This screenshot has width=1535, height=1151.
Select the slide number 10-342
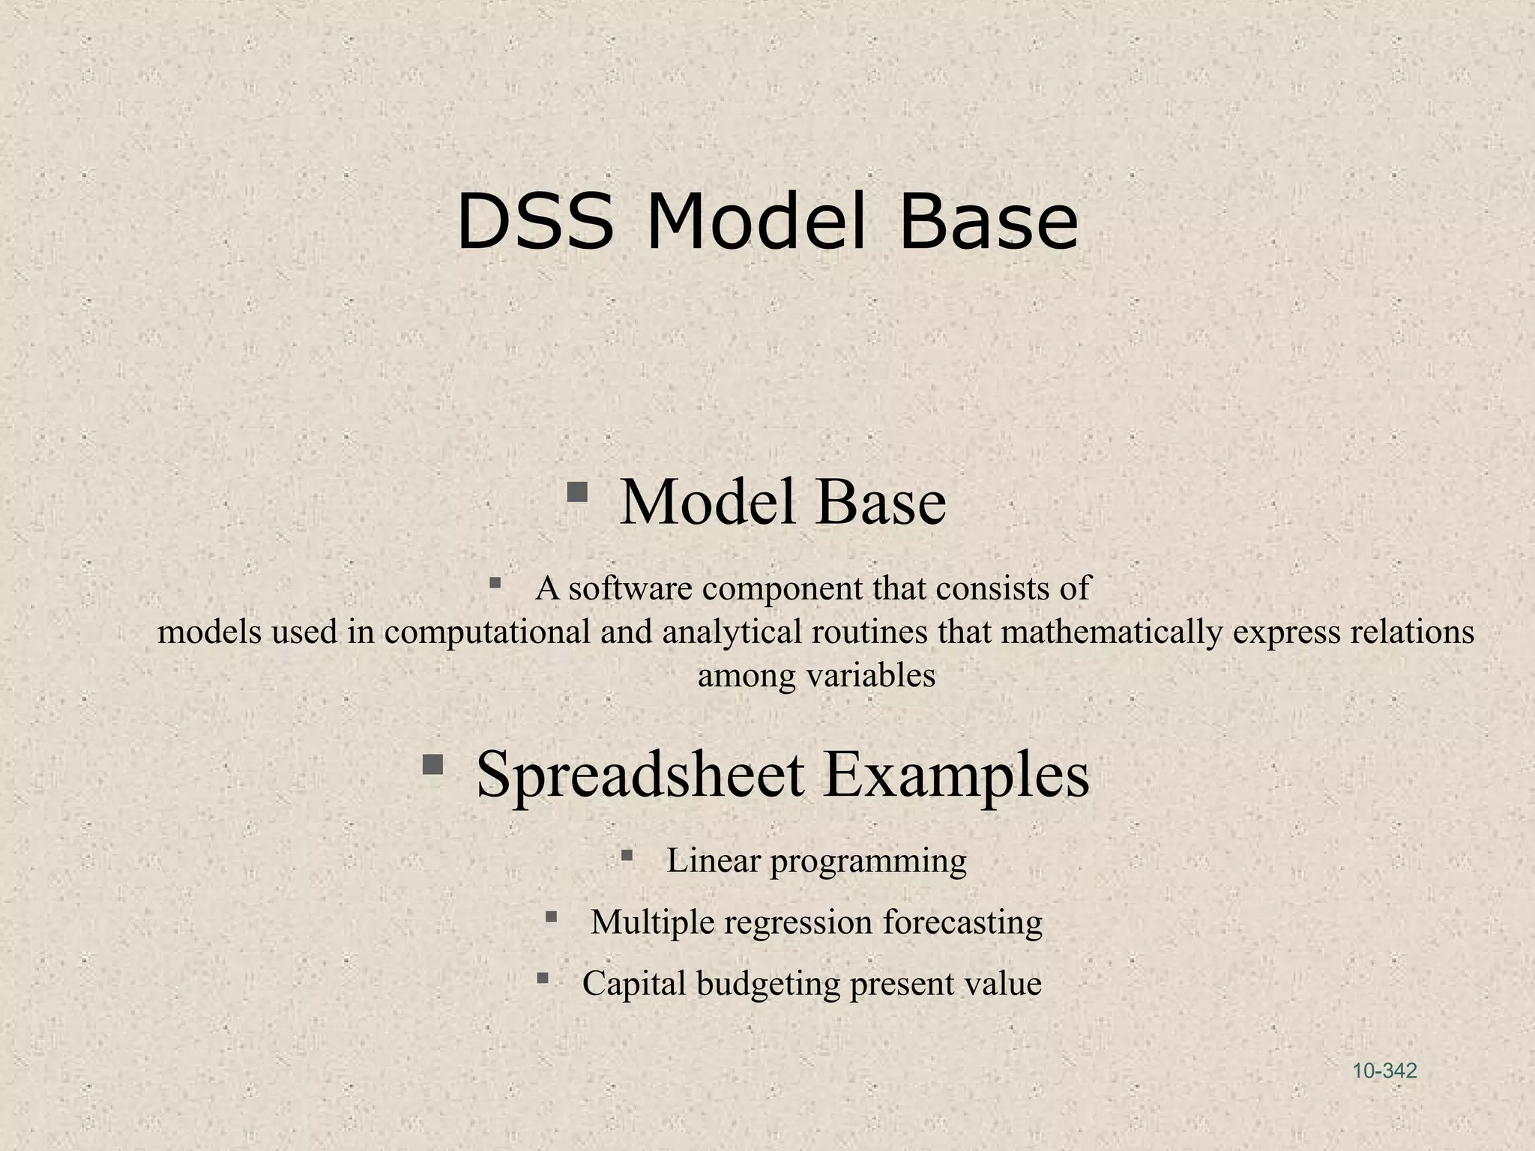pos(1384,1071)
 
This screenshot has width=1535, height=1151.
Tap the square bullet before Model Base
pos(576,492)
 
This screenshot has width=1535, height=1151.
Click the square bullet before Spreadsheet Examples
pos(432,765)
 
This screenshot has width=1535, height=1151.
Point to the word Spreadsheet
pos(641,776)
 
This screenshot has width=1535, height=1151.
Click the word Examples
pos(956,776)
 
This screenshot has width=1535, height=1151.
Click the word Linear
pos(713,860)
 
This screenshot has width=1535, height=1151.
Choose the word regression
pos(798,923)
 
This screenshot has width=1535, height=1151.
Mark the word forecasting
pos(962,923)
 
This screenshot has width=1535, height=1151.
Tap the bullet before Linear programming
pos(627,855)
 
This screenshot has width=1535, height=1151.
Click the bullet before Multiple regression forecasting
pos(552,916)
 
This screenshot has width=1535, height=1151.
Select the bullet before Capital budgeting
pos(543,978)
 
